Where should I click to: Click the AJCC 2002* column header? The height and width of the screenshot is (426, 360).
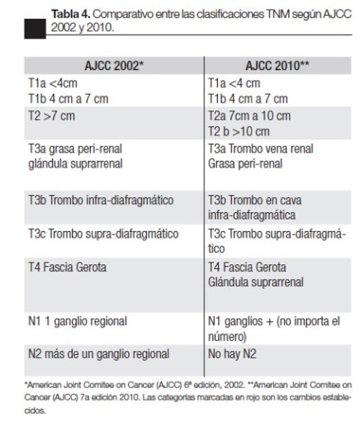coord(107,63)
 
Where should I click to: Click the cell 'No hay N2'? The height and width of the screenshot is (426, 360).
coord(235,354)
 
